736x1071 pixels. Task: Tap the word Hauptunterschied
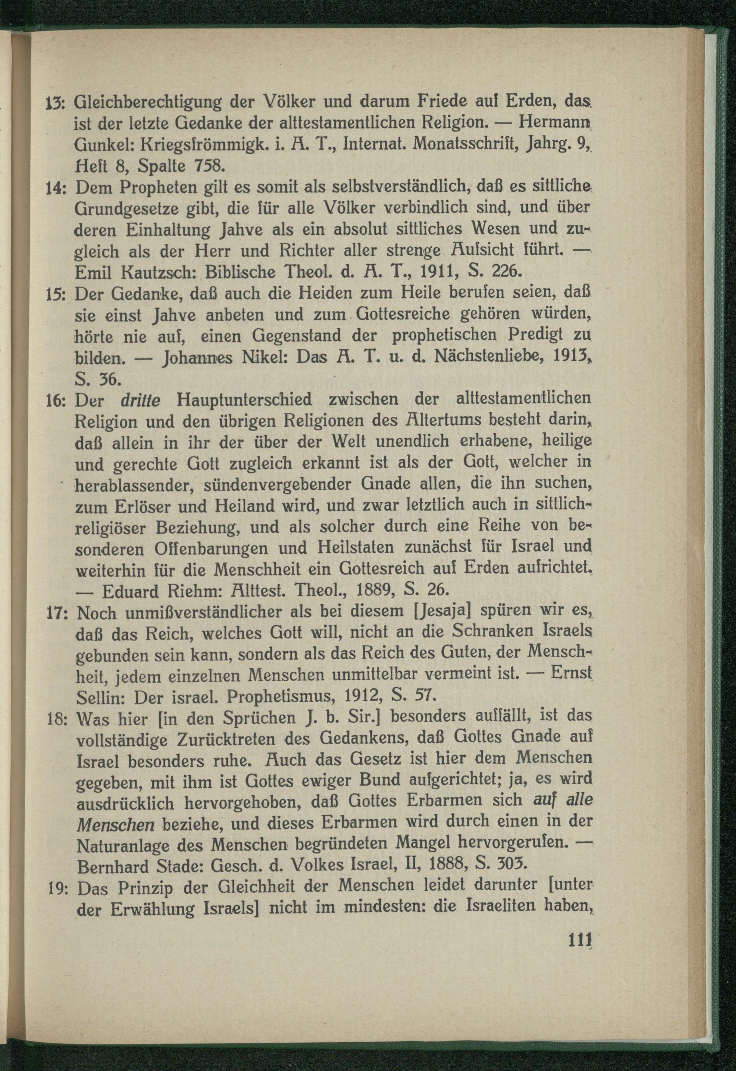click(244, 399)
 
